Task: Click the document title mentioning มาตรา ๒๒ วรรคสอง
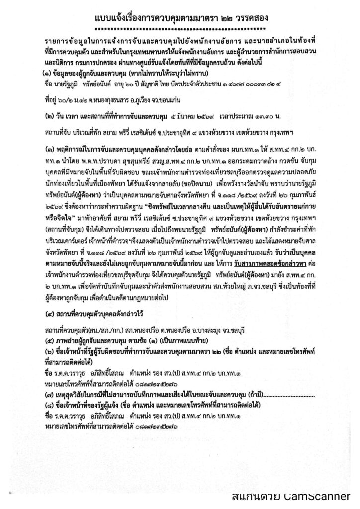pyautogui.click(x=180, y=18)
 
